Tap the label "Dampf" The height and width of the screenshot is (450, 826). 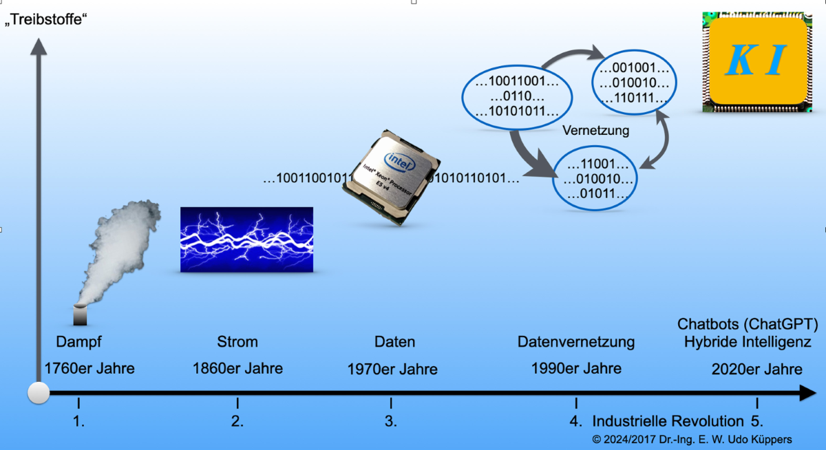tap(78, 342)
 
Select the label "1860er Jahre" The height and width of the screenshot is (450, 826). tap(237, 369)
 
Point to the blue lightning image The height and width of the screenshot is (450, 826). tap(246, 239)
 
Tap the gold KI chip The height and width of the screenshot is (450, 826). tap(756, 62)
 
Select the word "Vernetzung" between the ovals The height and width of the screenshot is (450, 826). tap(595, 130)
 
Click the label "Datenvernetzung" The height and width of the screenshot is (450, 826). tap(576, 342)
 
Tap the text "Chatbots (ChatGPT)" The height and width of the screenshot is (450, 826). tap(748, 324)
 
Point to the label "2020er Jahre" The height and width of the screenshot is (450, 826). tap(756, 369)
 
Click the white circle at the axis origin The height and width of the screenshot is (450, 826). tap(39, 393)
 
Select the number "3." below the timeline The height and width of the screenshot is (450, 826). tap(391, 421)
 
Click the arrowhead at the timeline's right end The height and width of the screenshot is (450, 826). tap(807, 393)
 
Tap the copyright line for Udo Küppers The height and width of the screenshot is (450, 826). tap(692, 439)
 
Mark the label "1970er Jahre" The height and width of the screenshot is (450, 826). tap(392, 369)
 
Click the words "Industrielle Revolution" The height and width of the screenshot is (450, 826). tap(668, 421)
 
